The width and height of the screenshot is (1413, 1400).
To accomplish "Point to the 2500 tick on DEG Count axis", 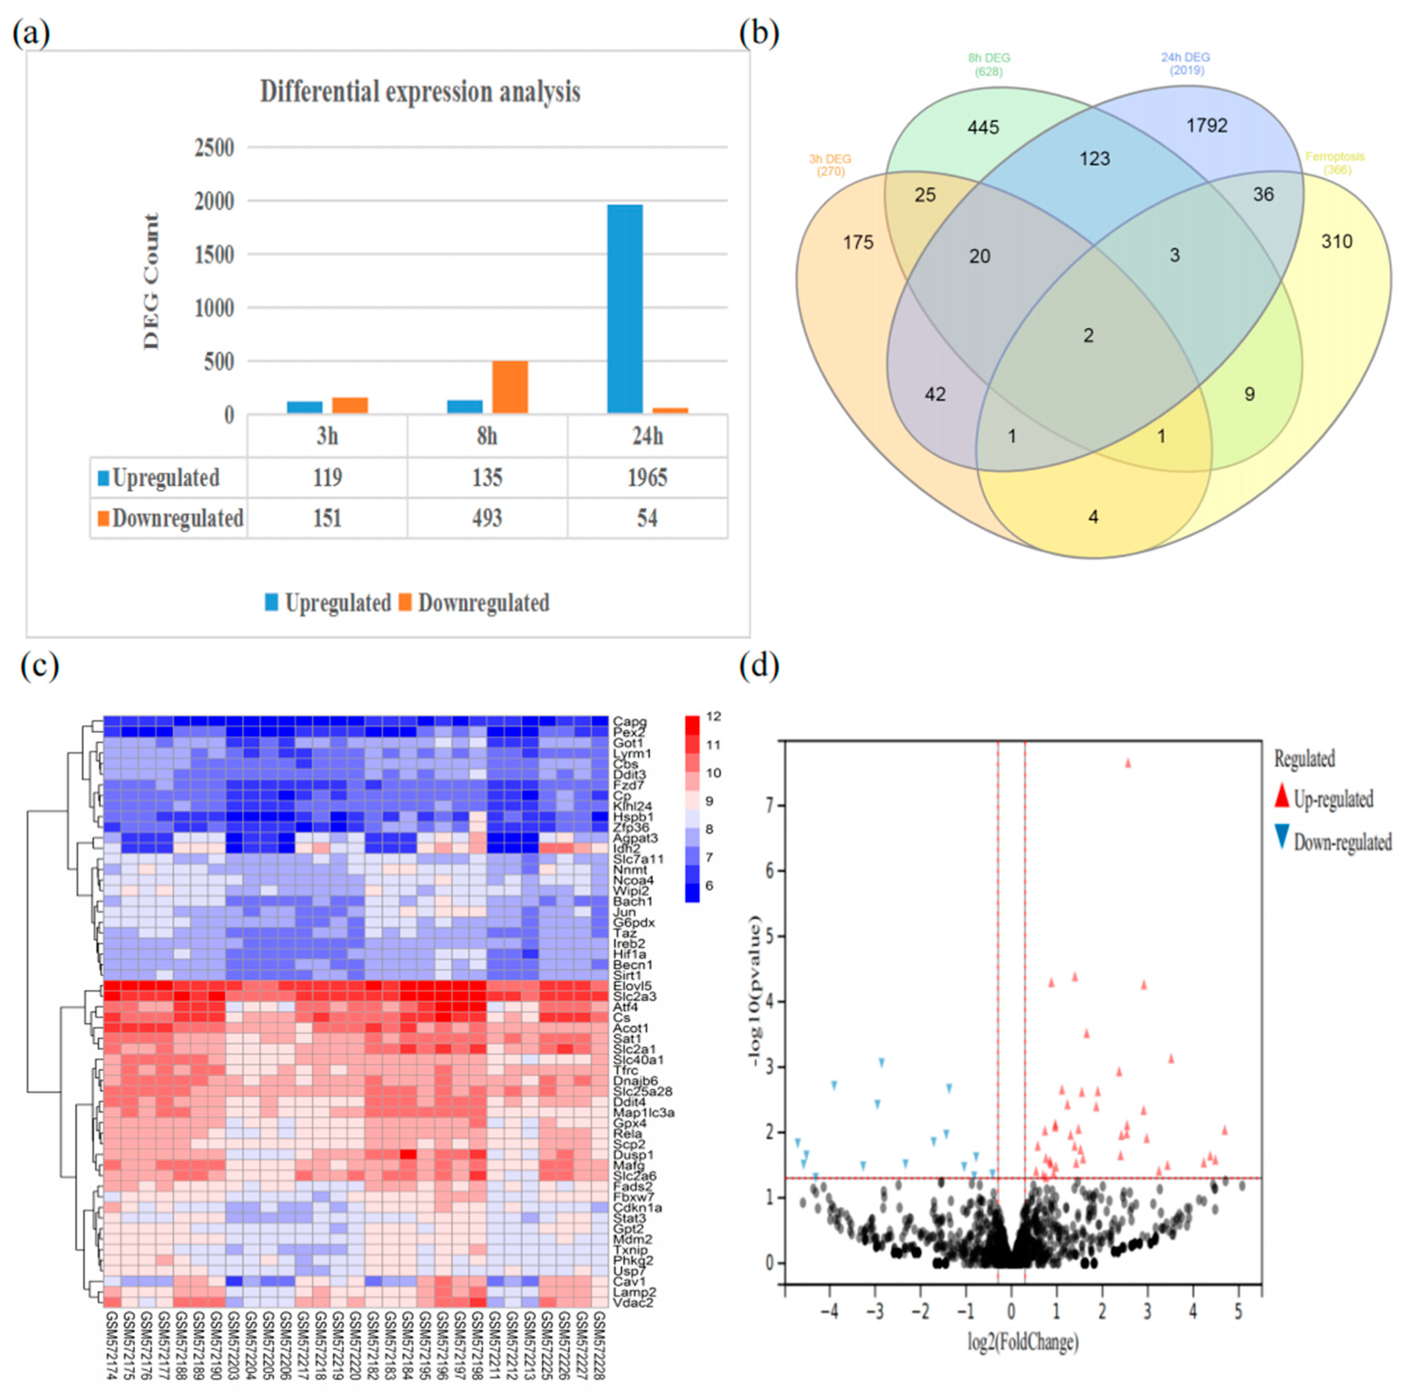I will [x=214, y=148].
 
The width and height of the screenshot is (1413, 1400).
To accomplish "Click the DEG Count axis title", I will [x=152, y=281].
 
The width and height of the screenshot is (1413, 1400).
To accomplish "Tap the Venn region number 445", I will [x=983, y=128].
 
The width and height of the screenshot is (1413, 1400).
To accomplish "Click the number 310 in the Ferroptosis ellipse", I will [x=1336, y=242].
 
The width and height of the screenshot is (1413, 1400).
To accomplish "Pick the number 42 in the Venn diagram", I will [x=935, y=395].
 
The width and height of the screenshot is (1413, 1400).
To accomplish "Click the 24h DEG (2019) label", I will [x=1186, y=63].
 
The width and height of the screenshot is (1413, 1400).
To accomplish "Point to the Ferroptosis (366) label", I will [x=1335, y=163].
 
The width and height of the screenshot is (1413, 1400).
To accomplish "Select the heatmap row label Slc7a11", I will [x=638, y=859].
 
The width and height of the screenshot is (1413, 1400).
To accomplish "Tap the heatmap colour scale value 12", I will [x=713, y=717].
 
